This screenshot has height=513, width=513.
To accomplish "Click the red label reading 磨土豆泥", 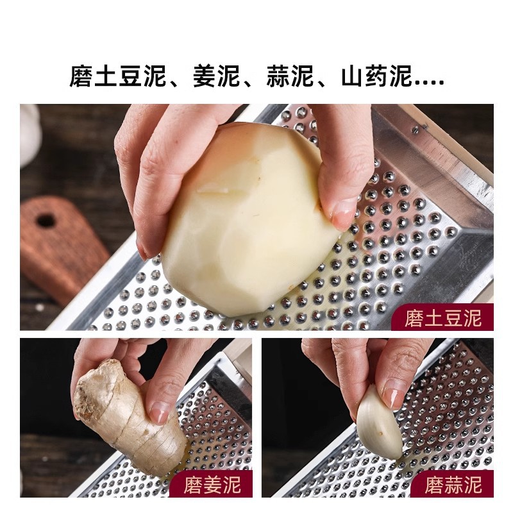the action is point(442,317).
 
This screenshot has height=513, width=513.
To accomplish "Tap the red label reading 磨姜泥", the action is point(211,484).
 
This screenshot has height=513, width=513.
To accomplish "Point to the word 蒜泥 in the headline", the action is point(290,77).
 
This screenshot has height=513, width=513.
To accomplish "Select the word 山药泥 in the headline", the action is point(376,77).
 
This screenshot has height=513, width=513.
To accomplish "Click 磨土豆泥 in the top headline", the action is point(117,77).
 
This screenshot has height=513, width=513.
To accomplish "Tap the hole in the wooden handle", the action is point(46,221).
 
